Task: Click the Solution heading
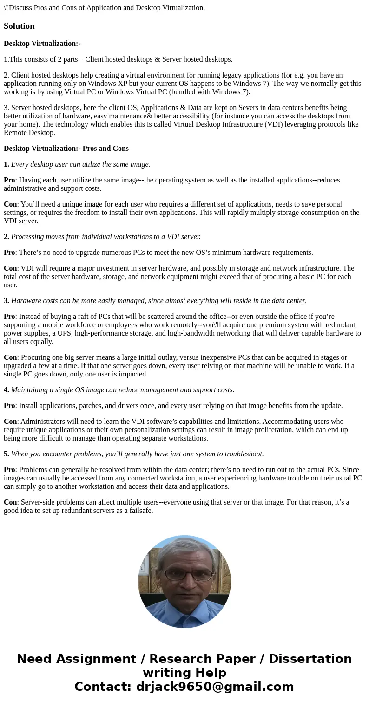point(19,26)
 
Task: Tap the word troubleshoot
point(242,454)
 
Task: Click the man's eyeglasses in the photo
point(187,575)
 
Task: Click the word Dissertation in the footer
point(310,659)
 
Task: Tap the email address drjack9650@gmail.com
point(215,687)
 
